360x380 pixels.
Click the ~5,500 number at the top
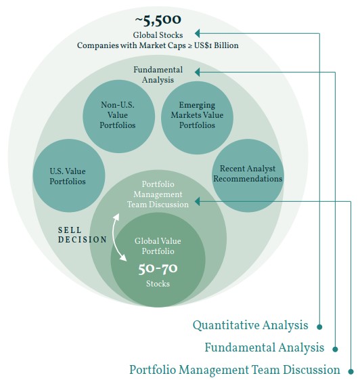click(158, 20)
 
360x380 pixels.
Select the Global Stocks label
click(158, 35)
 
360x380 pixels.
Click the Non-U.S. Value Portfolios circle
click(118, 117)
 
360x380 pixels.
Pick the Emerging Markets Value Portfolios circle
click(197, 118)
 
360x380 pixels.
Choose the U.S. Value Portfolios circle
click(69, 175)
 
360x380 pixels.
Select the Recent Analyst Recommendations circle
click(248, 175)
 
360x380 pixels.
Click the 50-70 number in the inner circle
click(158, 269)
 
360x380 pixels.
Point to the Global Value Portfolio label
click(158, 246)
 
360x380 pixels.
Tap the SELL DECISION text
click(83, 235)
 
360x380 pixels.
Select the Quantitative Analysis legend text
click(250, 325)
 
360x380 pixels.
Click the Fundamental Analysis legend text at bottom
click(265, 347)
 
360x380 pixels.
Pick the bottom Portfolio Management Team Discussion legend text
click(235, 370)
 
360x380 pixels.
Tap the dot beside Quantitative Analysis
click(319, 327)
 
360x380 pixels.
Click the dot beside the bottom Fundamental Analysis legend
click(336, 349)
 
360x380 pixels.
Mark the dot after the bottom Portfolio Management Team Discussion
click(351, 371)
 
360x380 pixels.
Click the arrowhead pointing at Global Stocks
click(198, 33)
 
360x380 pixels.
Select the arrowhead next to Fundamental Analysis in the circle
click(198, 72)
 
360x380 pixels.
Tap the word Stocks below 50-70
click(158, 284)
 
